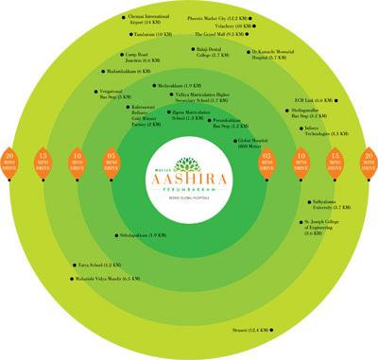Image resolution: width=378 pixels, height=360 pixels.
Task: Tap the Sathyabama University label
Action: click(x=322, y=204)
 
